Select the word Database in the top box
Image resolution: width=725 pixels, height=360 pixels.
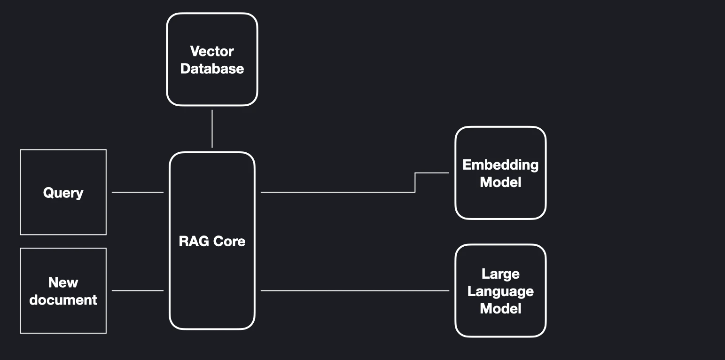click(212, 69)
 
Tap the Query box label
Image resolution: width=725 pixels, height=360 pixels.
click(63, 193)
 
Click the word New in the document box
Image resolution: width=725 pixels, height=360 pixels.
click(63, 282)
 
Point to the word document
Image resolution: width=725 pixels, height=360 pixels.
click(63, 300)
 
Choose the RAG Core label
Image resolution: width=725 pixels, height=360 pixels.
click(212, 241)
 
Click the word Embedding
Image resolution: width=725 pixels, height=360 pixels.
click(500, 164)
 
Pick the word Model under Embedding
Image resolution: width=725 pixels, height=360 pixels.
click(500, 182)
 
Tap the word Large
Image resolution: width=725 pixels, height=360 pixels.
click(500, 274)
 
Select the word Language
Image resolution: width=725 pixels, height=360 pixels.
click(500, 291)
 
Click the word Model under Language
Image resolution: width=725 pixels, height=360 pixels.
click(500, 309)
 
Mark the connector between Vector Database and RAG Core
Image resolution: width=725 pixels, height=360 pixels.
click(212, 129)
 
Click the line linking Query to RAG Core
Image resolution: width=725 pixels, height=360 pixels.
click(138, 192)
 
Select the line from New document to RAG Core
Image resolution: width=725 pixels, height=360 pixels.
click(138, 290)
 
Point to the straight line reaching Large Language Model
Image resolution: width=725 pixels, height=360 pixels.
click(355, 290)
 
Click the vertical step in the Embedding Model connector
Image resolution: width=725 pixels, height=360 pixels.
click(415, 182)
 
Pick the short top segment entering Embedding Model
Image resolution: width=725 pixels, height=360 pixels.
click(432, 173)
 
